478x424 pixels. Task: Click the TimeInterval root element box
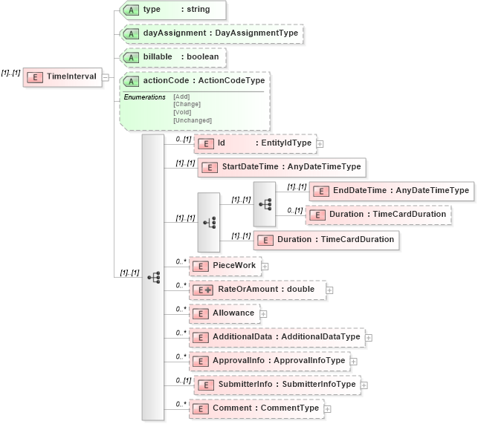(62, 76)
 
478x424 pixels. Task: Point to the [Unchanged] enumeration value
(193, 120)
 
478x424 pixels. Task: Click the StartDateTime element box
(282, 167)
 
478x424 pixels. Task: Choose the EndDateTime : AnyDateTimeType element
(391, 191)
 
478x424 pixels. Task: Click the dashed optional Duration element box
(379, 214)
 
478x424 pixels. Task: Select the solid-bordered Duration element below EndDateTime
(327, 240)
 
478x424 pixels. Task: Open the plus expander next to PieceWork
(265, 266)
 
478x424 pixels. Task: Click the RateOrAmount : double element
(257, 290)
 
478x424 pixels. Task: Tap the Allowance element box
(225, 313)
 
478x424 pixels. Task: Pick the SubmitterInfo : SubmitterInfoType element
(275, 385)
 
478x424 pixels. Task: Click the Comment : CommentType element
(256, 408)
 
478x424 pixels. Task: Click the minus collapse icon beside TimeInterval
(106, 76)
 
